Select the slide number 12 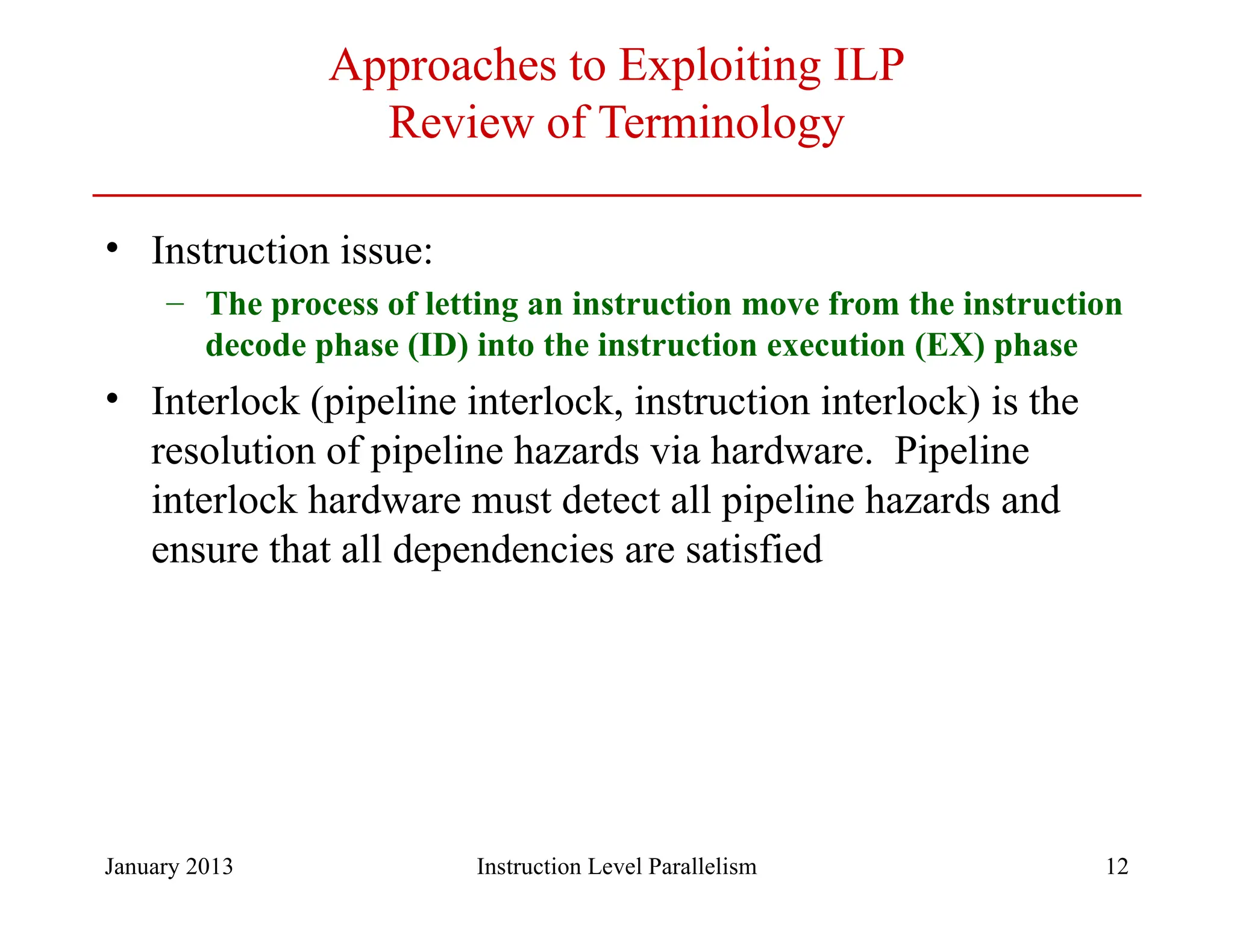[x=1117, y=866]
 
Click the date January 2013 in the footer [x=169, y=866]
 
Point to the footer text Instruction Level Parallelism [x=616, y=866]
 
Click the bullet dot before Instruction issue [x=112, y=248]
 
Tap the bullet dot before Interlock [x=112, y=399]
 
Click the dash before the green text [x=175, y=303]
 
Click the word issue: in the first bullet [x=386, y=250]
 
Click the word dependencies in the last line [x=503, y=549]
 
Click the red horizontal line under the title [x=616, y=195]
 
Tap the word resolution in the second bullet [x=233, y=451]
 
